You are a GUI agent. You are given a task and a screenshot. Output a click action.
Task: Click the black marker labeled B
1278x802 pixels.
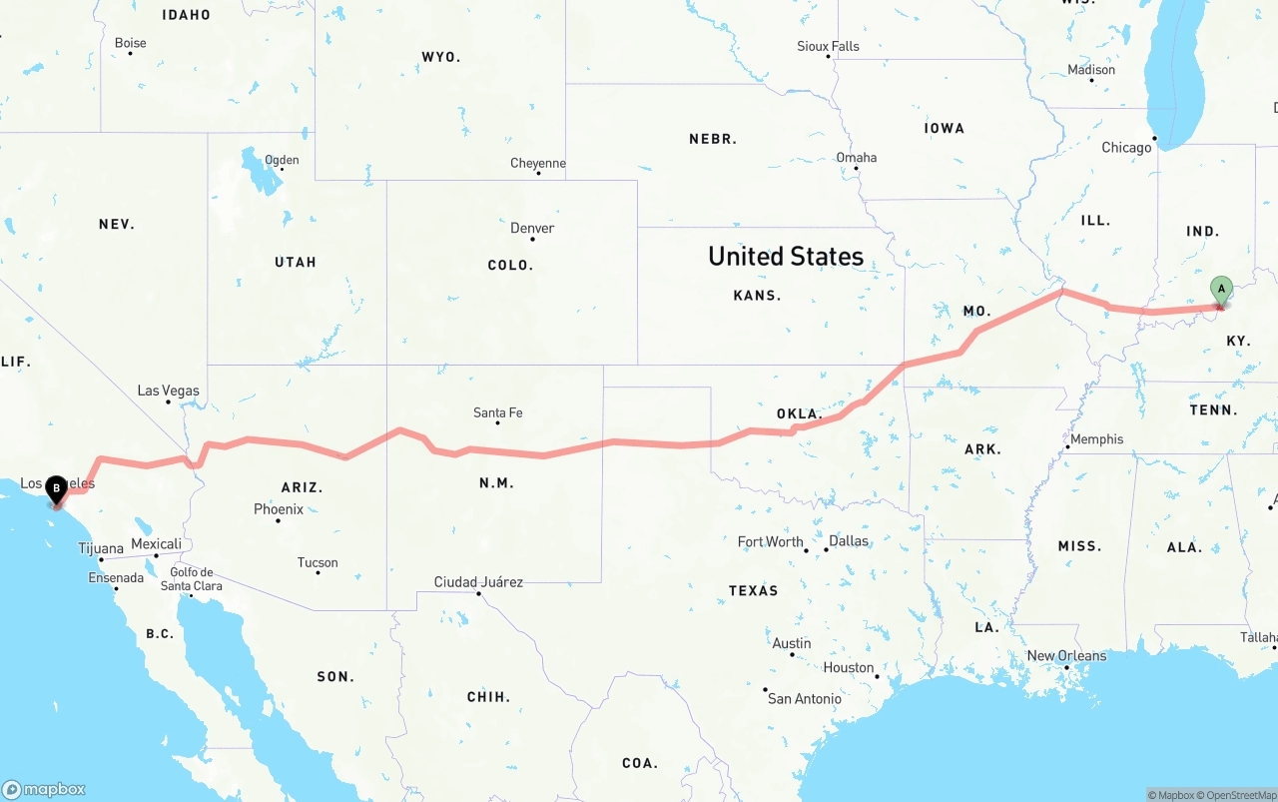(x=56, y=488)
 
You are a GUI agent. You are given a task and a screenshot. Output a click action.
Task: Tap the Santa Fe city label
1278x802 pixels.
(x=497, y=412)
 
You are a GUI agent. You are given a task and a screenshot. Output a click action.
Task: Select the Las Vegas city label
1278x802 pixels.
(x=168, y=391)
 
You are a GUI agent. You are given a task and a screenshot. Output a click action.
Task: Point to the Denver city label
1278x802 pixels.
(x=532, y=228)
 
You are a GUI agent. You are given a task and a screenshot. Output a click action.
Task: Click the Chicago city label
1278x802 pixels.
(x=1126, y=148)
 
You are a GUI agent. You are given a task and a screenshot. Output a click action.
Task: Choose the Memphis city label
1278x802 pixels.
(x=1096, y=439)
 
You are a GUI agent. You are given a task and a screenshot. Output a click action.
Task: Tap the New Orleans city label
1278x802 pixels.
(x=1066, y=656)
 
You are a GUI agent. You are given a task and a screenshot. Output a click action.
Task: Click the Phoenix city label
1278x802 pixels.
(x=279, y=509)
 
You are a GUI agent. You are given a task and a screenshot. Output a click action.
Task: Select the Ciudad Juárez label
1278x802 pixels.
(x=478, y=582)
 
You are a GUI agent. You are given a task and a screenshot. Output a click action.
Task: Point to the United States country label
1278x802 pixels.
(x=786, y=256)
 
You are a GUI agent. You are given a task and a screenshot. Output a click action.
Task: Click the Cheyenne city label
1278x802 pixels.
(x=538, y=163)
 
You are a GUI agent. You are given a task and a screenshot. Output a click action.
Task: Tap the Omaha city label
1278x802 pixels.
(x=857, y=157)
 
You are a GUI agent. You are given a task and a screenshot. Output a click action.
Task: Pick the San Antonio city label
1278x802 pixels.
(x=804, y=698)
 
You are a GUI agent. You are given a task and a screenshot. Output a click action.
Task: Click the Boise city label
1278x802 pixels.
(x=130, y=43)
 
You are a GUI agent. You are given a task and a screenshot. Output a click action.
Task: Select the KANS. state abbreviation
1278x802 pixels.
(x=757, y=296)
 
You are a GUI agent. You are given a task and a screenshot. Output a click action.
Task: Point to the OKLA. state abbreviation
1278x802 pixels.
(x=799, y=413)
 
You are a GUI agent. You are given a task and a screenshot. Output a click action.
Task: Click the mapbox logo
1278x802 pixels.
(x=44, y=789)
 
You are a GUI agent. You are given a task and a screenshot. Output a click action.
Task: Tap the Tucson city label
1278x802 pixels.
(x=318, y=562)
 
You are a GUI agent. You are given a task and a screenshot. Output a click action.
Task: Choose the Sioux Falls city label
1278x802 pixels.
(x=828, y=46)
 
